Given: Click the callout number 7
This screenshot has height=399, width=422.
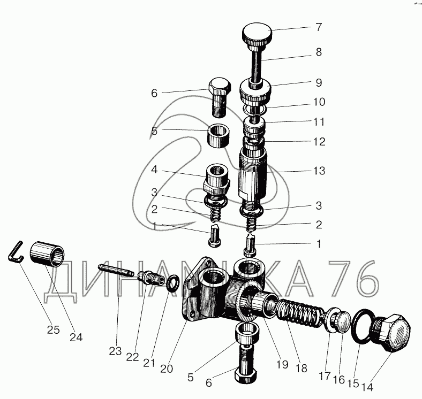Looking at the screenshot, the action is click(319, 27).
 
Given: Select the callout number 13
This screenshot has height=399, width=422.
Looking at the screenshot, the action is click(319, 171).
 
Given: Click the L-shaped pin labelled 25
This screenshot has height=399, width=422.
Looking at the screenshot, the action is click(15, 251).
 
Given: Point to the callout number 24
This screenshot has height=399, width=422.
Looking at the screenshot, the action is click(76, 337).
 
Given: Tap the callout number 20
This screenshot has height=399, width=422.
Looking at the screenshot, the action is click(167, 369).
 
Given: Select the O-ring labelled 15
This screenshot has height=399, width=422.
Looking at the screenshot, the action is click(362, 327).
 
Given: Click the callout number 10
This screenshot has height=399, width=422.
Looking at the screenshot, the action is click(319, 102).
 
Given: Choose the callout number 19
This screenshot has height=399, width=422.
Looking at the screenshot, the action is click(282, 365).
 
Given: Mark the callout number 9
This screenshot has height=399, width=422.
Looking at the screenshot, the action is click(319, 82).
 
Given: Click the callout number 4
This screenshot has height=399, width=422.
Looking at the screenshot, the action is click(154, 170).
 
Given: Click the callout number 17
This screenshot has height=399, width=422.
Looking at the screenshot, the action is click(325, 376).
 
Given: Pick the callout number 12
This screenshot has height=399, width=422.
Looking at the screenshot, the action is click(319, 142).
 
